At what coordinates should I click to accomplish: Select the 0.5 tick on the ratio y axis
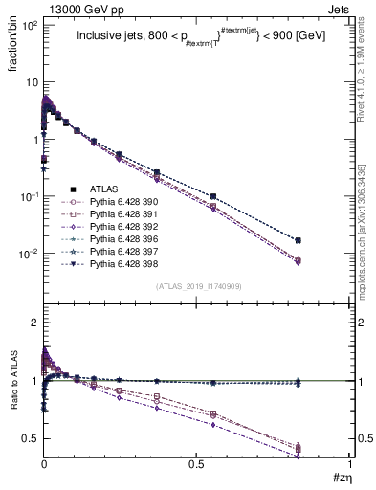pyautogui.click(x=30, y=438)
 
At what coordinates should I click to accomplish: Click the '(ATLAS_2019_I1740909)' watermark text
pyautogui.click(x=198, y=286)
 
